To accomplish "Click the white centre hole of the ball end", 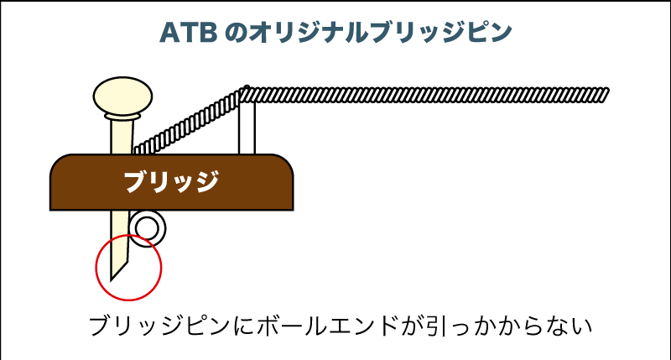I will click(x=148, y=226).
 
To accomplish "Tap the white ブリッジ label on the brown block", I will click(x=172, y=182).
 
